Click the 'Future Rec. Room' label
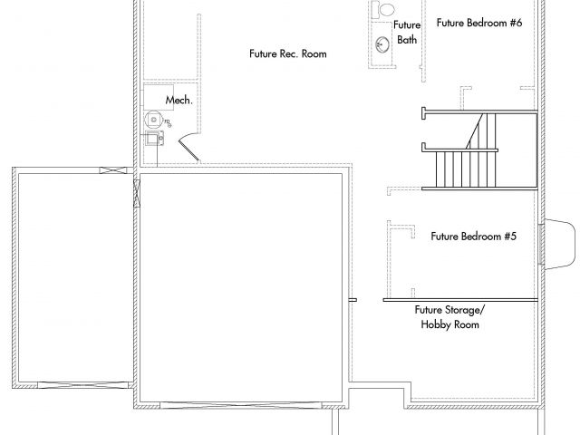tap(288, 54)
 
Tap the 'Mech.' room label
tap(179, 100)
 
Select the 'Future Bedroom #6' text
tap(479, 23)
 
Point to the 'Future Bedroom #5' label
tap(473, 237)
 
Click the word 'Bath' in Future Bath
tap(407, 40)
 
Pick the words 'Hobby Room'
tap(449, 324)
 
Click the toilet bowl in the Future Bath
tap(387, 9)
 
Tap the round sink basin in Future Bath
tap(382, 44)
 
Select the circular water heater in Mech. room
tap(153, 120)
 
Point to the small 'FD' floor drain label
tap(167, 121)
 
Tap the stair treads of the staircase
tap(466, 169)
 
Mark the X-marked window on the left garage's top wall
tap(112, 170)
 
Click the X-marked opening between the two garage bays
tap(137, 193)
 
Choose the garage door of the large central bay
tap(241, 405)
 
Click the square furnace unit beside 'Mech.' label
tap(159, 97)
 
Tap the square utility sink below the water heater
tap(153, 139)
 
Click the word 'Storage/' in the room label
tap(465, 310)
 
